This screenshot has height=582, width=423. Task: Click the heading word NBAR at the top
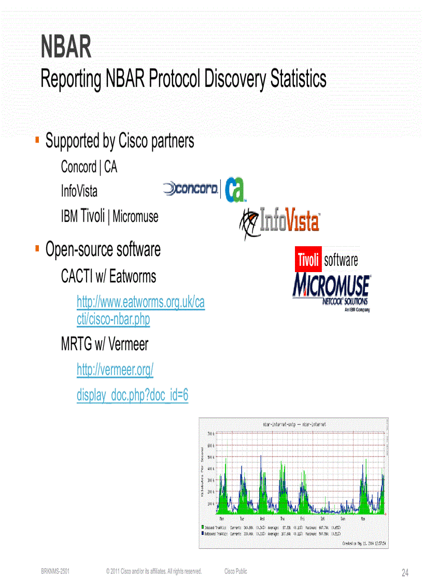[x=66, y=47]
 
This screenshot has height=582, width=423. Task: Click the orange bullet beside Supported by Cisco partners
[x=37, y=140]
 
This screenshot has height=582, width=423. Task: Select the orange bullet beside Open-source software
[x=37, y=249]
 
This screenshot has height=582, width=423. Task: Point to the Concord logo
[x=190, y=189]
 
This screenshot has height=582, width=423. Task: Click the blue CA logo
[x=234, y=189]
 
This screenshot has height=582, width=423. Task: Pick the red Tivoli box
[x=308, y=260]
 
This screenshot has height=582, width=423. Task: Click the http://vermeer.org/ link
[x=115, y=370]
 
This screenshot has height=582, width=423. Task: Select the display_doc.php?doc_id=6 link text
[x=132, y=395]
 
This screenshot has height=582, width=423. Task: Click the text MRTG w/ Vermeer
[x=105, y=344]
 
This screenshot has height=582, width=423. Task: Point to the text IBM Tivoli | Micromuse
[x=109, y=216]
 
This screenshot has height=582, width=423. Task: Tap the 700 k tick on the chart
[x=210, y=433]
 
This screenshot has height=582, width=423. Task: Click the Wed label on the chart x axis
[x=262, y=518]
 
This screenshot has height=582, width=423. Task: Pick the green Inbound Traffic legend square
[x=203, y=527]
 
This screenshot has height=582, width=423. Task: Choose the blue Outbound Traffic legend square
[x=203, y=532]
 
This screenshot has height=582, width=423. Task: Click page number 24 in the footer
[x=405, y=573]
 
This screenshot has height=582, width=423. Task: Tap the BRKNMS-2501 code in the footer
[x=55, y=572]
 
